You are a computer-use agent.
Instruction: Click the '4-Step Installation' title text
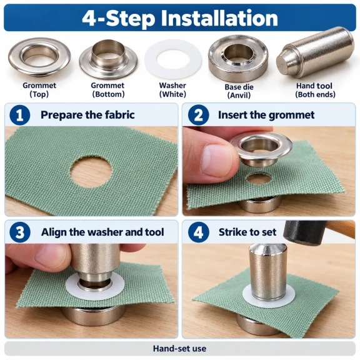click(x=180, y=18)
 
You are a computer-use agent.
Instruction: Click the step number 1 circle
click(x=20, y=115)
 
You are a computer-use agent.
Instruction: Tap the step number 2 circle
click(x=198, y=115)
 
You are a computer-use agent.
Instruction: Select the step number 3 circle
click(x=20, y=232)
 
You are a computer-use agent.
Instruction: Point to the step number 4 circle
click(x=198, y=232)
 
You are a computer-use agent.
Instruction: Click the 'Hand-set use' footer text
click(x=180, y=349)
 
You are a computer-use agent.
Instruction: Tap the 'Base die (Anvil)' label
click(x=239, y=91)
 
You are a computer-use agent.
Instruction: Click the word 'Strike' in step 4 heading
click(x=232, y=232)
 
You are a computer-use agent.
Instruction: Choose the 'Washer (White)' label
click(x=172, y=90)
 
